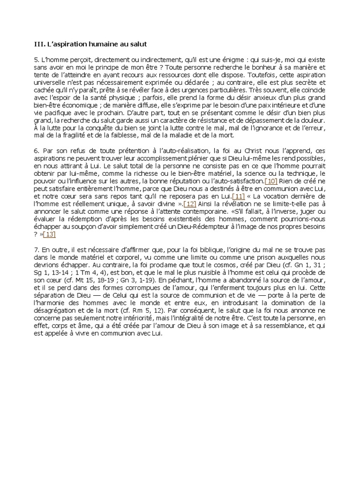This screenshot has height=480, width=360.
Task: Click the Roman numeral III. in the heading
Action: [x=39, y=44]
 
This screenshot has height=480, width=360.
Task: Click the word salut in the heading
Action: [x=137, y=44]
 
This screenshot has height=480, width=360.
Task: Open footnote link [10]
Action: [x=271, y=181]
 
